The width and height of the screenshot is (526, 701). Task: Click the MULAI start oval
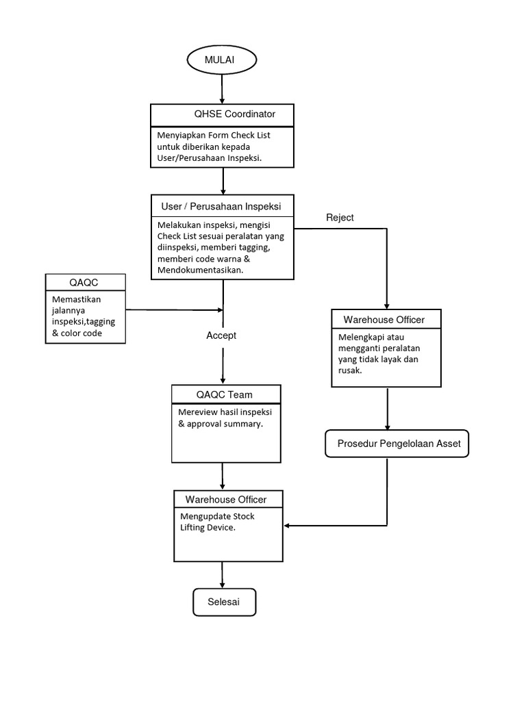pyautogui.click(x=222, y=60)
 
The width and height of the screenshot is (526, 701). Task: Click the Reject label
pyautogui.click(x=340, y=218)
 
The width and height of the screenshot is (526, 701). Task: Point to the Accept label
pyautogui.click(x=221, y=335)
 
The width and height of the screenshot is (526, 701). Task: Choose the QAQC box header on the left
pyautogui.click(x=85, y=282)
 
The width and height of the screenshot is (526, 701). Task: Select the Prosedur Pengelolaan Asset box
pyautogui.click(x=399, y=444)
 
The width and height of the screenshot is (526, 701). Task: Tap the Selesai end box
pyautogui.click(x=224, y=602)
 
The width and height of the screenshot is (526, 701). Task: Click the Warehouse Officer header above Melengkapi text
pyautogui.click(x=384, y=319)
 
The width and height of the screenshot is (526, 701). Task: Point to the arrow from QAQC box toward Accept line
pyautogui.click(x=174, y=310)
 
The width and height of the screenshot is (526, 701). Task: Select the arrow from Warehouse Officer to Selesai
pyautogui.click(x=222, y=575)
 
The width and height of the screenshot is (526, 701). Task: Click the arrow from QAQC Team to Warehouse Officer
pyautogui.click(x=222, y=476)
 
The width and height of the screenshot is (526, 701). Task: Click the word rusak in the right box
pyautogui.click(x=350, y=370)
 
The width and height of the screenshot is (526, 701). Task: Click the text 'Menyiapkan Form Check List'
pyautogui.click(x=214, y=135)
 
